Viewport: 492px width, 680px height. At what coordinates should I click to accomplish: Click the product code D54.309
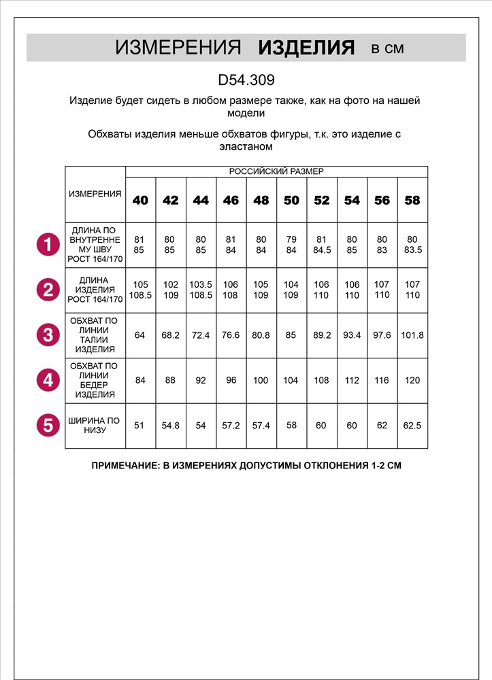point(246,80)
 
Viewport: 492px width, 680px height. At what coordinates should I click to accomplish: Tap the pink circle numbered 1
point(48,245)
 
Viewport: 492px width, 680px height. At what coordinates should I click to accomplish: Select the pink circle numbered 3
point(48,335)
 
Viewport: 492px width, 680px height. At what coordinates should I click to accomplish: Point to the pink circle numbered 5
point(48,426)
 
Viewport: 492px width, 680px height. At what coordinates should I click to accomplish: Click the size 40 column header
point(140,200)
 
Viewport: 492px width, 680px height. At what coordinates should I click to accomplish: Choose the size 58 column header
point(412,200)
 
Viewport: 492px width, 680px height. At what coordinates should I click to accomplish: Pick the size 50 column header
point(291,200)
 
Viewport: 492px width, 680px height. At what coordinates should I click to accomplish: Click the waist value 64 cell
point(140,335)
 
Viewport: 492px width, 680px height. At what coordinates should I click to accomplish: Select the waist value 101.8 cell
point(412,335)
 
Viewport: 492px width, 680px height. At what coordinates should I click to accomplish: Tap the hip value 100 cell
point(261,381)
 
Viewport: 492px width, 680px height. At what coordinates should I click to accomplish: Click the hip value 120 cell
point(412,381)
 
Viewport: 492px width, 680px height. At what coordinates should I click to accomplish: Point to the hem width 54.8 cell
point(170,426)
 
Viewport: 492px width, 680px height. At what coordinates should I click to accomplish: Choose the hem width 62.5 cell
point(412,426)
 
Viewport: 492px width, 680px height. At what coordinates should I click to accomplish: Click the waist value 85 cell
point(291,335)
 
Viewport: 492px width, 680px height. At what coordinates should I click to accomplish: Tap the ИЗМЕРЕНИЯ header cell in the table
point(95,194)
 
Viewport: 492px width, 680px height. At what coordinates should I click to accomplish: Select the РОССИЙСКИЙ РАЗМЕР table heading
point(276,171)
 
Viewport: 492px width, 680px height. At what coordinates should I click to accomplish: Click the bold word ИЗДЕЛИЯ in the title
point(307,48)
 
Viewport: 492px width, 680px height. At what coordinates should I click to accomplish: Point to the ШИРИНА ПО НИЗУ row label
point(95,426)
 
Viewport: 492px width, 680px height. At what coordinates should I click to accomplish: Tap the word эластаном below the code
point(245,146)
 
